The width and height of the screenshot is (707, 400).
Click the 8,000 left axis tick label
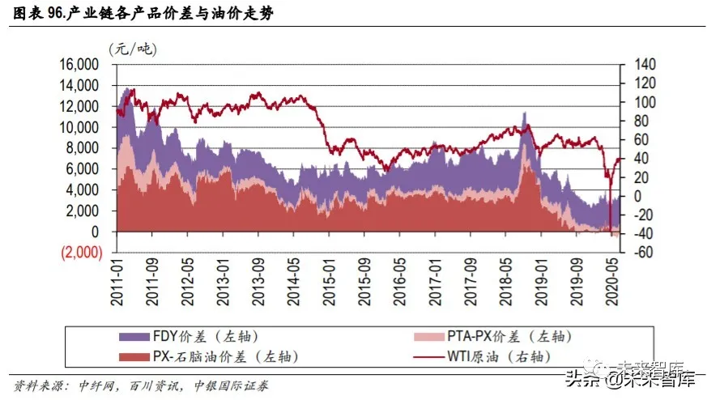pos(84,148)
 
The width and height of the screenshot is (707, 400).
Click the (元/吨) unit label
pos(133,49)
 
